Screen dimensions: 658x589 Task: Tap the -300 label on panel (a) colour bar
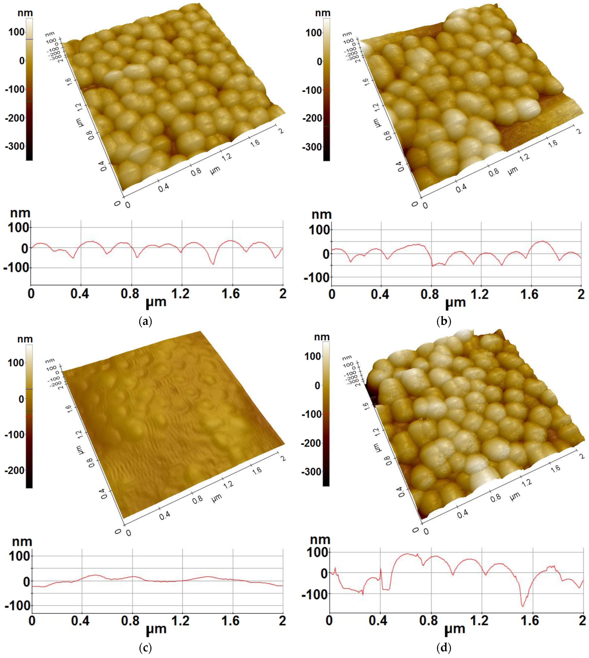tap(15, 146)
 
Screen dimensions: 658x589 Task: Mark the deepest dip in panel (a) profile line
tap(213, 264)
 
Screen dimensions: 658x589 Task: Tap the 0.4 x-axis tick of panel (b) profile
tap(381, 294)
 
